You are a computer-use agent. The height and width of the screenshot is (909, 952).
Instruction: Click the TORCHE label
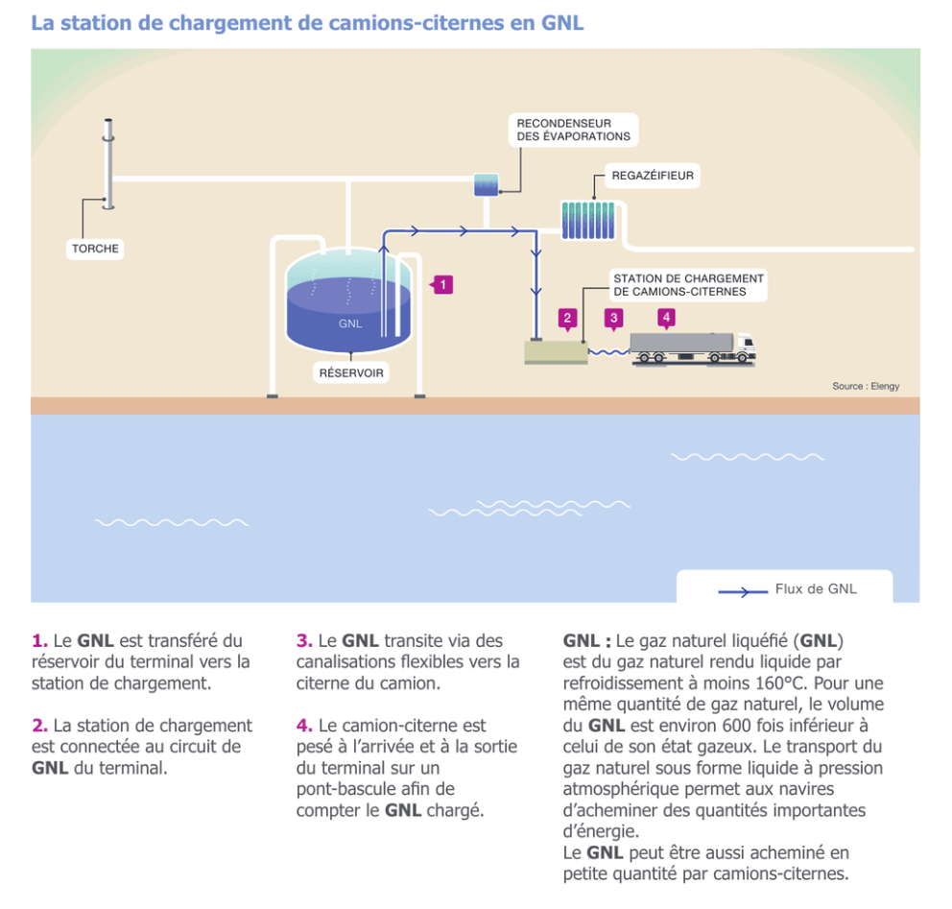pyautogui.click(x=95, y=249)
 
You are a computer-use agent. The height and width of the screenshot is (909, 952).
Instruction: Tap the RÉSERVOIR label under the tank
pyautogui.click(x=351, y=372)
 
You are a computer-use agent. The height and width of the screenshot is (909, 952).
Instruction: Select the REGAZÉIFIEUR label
pyautogui.click(x=653, y=176)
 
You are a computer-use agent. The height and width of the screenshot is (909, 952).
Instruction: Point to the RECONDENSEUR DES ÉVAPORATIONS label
pyautogui.click(x=574, y=130)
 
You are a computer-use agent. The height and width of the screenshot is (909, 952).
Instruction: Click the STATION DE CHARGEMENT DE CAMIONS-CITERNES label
pyautogui.click(x=688, y=285)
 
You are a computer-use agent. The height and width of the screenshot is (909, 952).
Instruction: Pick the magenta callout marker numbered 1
pyautogui.click(x=442, y=285)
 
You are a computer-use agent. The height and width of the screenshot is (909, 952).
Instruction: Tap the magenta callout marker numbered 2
pyautogui.click(x=568, y=319)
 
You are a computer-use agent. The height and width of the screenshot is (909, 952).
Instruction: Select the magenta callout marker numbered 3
pyautogui.click(x=614, y=319)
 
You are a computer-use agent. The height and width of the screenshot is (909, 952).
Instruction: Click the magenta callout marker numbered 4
pyautogui.click(x=667, y=318)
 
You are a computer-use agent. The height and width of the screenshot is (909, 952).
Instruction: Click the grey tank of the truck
pyautogui.click(x=681, y=343)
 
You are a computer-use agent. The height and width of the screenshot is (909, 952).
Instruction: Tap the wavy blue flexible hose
pyautogui.click(x=609, y=351)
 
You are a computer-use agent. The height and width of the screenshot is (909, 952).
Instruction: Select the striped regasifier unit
pyautogui.click(x=588, y=221)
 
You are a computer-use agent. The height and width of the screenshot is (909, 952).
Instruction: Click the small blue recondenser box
pyautogui.click(x=487, y=184)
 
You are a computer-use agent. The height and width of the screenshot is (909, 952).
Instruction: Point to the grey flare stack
pyautogui.click(x=108, y=164)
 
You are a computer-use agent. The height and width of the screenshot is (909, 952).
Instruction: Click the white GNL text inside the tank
pyautogui.click(x=350, y=323)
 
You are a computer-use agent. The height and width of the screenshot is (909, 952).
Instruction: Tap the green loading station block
pyautogui.click(x=556, y=353)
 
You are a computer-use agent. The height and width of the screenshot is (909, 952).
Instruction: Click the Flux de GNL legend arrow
pyautogui.click(x=743, y=591)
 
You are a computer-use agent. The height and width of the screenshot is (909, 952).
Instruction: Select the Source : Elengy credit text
pyautogui.click(x=866, y=386)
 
